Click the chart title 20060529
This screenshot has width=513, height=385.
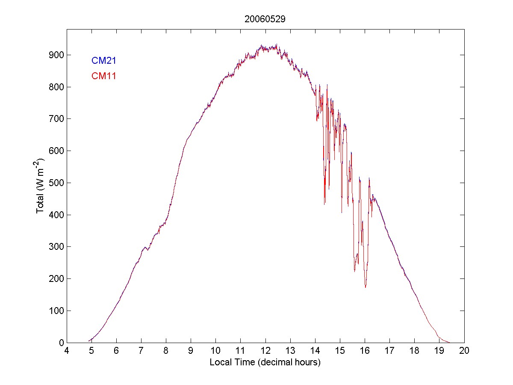click(x=265, y=19)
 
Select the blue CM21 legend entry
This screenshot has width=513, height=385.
click(x=104, y=61)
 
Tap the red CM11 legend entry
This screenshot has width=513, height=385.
click(x=104, y=76)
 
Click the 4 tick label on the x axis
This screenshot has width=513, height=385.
click(x=67, y=351)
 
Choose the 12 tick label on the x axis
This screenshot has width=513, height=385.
click(x=265, y=351)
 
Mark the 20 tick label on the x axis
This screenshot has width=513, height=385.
click(x=464, y=351)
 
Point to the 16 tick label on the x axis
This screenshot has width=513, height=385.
click(x=365, y=351)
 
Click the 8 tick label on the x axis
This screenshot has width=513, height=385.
click(x=166, y=351)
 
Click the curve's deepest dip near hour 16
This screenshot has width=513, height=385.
click(x=366, y=287)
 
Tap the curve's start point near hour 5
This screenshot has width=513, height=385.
click(x=89, y=341)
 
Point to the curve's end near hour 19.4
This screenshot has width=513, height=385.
click(x=449, y=342)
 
